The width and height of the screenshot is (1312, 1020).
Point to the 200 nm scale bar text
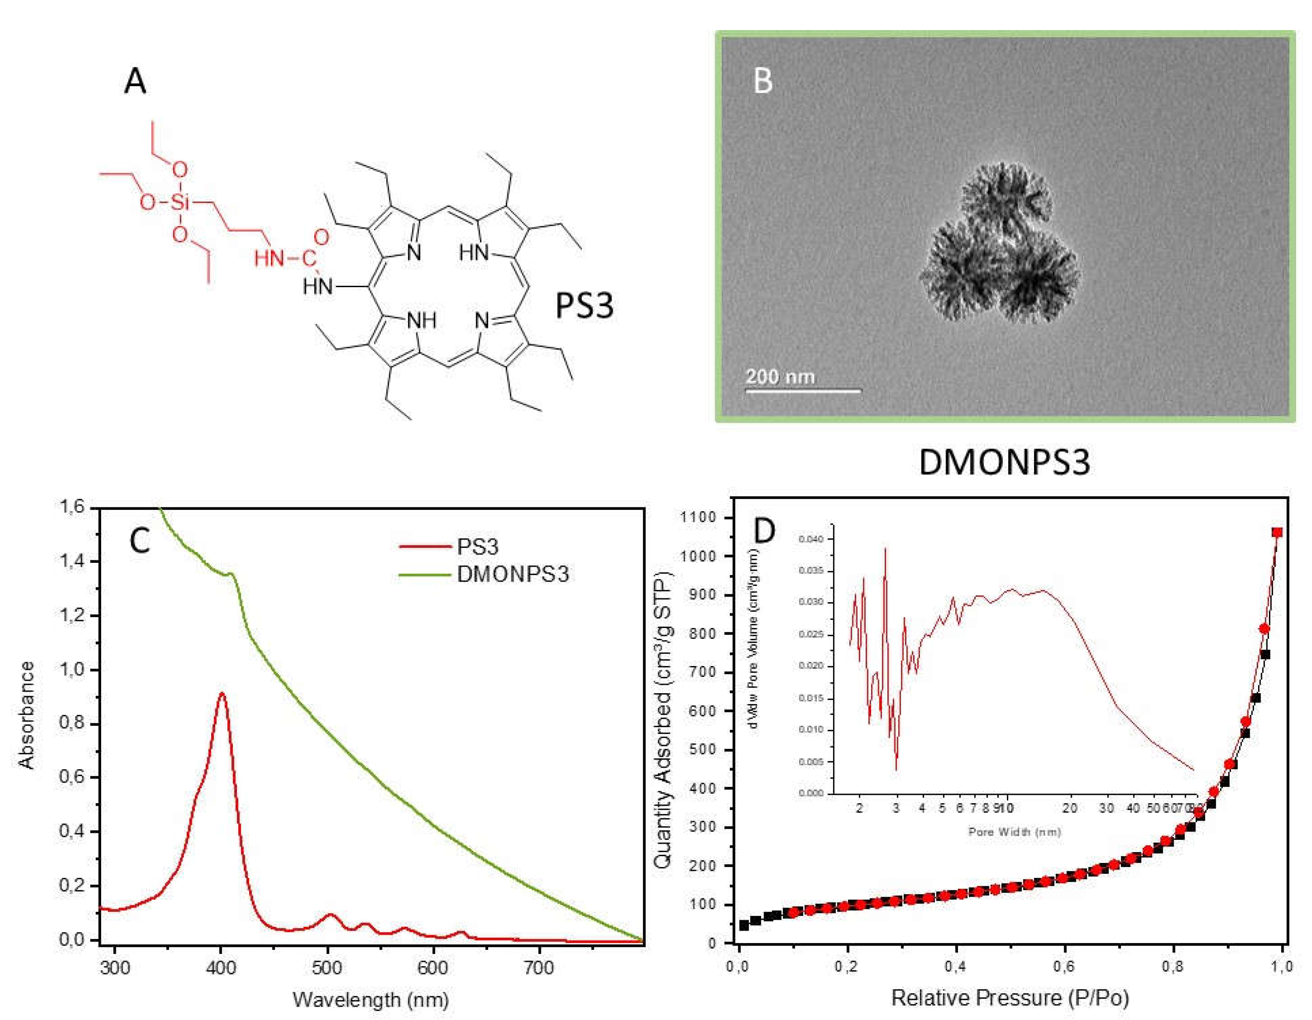780,376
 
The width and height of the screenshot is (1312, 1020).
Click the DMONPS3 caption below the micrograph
1004,463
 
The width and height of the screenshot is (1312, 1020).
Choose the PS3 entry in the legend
478,547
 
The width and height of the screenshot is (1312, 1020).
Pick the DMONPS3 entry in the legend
512,574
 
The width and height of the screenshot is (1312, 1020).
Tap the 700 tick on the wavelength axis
539,968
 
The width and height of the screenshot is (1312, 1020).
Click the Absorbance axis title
27,715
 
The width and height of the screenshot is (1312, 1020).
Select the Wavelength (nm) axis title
371,1000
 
